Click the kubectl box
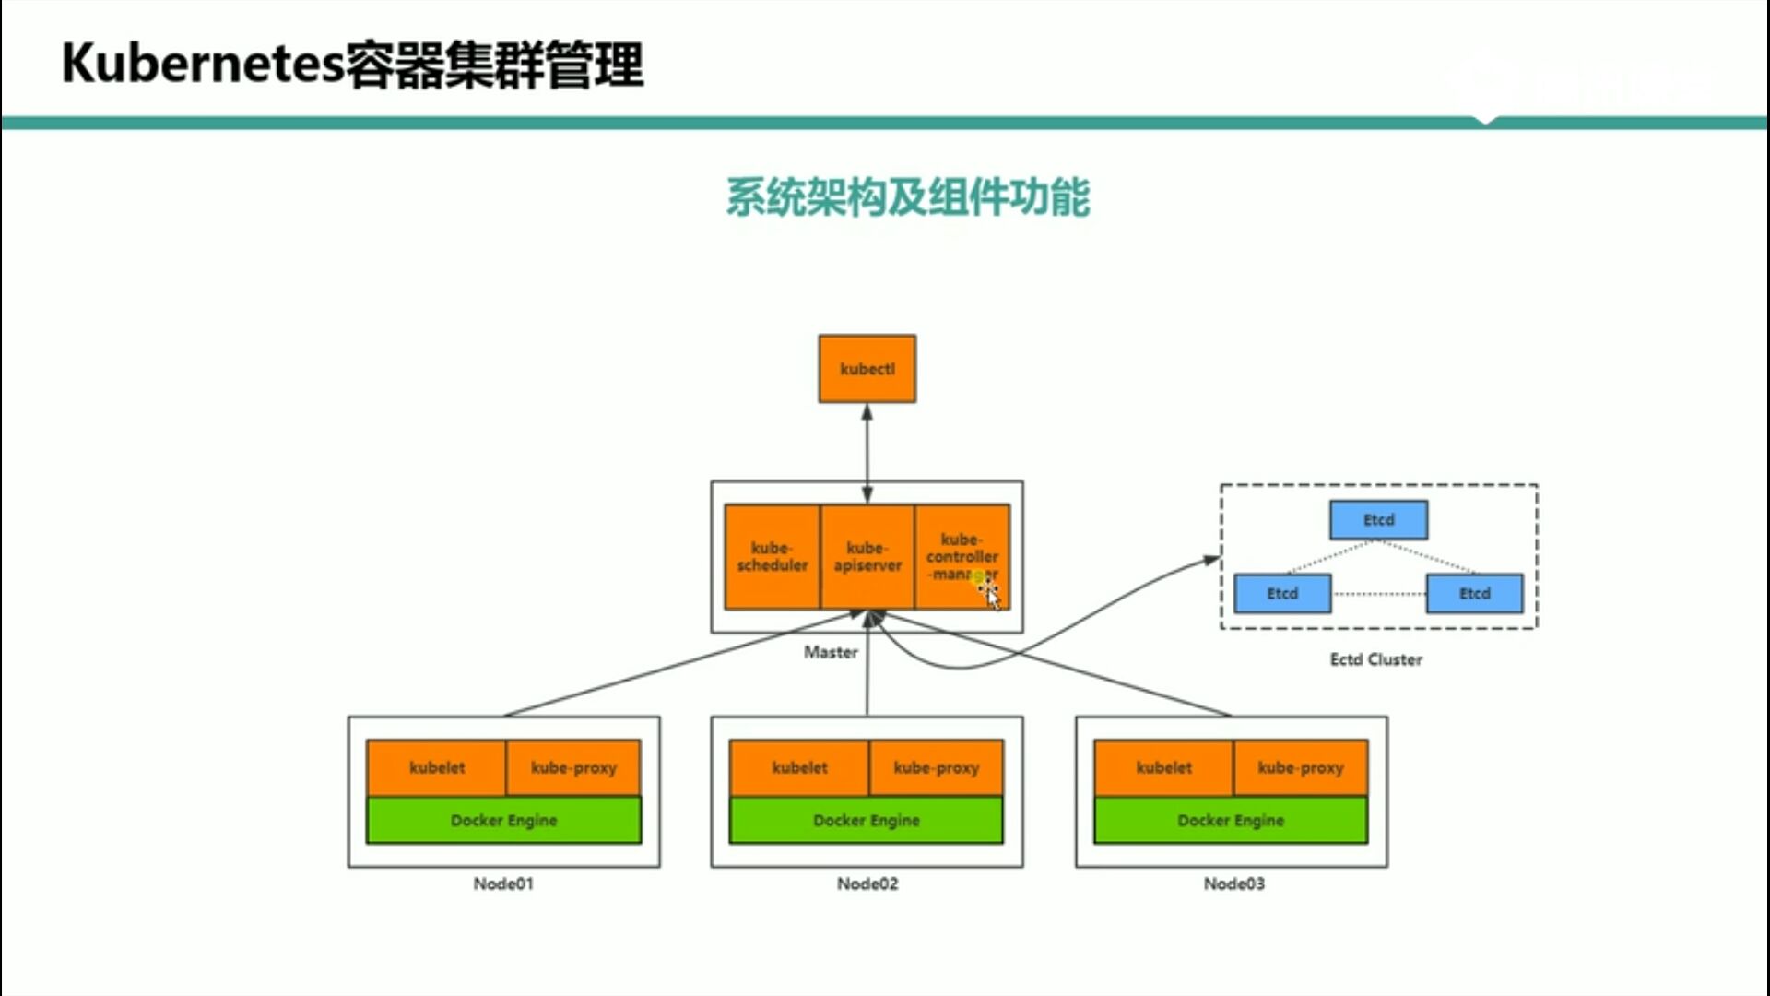[867, 369]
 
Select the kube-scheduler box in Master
[772, 556]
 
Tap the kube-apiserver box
[867, 556]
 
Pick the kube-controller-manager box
[962, 556]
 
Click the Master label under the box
[831, 652]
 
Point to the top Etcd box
[1378, 520]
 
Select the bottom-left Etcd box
[1281, 594]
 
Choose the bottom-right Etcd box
[1474, 594]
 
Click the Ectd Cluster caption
[1375, 659]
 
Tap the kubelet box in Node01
[436, 767]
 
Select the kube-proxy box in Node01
[573, 767]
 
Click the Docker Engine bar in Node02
[866, 820]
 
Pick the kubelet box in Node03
[1163, 767]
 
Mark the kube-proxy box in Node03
[1301, 767]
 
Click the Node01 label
[503, 883]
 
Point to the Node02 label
[867, 883]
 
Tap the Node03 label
[1233, 883]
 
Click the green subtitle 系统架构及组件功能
[907, 197]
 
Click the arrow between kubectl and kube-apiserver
[867, 452]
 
